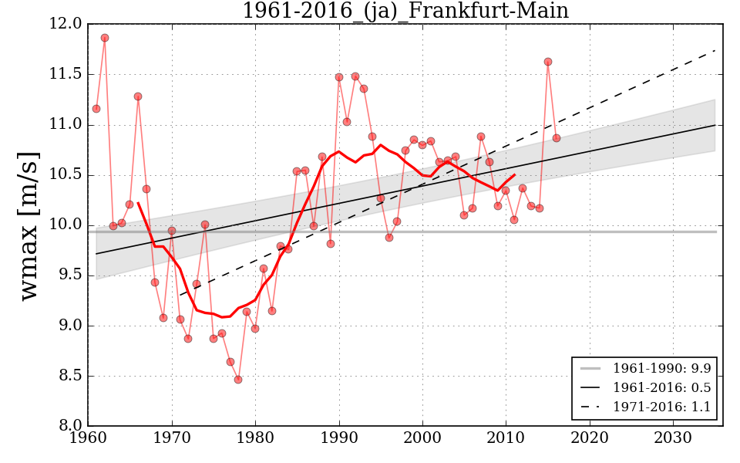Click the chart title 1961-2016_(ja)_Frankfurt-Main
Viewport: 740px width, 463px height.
[405, 11]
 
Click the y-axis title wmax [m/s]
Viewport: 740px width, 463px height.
[29, 225]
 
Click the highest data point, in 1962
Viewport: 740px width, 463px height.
[105, 38]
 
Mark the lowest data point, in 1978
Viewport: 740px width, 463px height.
[238, 380]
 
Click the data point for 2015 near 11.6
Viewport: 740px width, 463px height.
[548, 62]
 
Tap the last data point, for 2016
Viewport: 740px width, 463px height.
[557, 138]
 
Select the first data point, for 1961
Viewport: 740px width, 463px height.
[96, 109]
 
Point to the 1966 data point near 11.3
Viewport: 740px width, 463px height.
[138, 96]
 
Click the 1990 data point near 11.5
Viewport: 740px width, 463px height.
[339, 77]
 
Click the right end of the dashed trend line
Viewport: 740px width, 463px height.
[715, 50]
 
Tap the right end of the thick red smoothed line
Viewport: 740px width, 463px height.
[514, 174]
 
